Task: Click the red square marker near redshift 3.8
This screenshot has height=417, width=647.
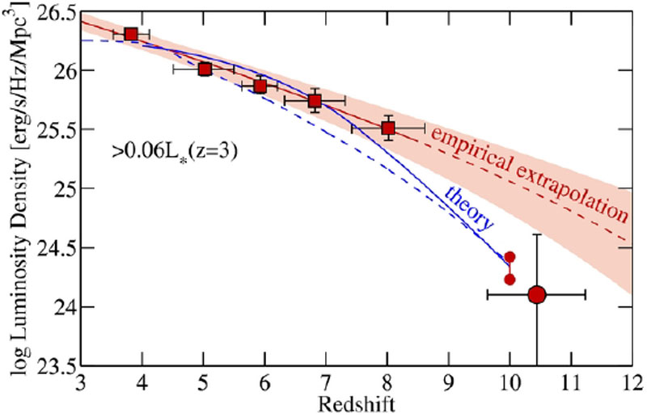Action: coord(131,34)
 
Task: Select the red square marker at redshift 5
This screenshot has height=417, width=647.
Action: coord(205,69)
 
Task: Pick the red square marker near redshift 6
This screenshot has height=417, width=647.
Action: coord(260,86)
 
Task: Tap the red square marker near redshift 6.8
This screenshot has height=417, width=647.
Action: coord(315,100)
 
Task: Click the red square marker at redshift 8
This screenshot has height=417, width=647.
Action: coord(388,128)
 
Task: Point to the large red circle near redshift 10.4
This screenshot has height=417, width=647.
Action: coord(537,295)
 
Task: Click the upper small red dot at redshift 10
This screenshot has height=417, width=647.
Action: coord(510,257)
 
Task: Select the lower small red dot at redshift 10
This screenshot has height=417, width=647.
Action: coord(510,280)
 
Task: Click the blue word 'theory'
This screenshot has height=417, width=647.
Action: coord(470,208)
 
